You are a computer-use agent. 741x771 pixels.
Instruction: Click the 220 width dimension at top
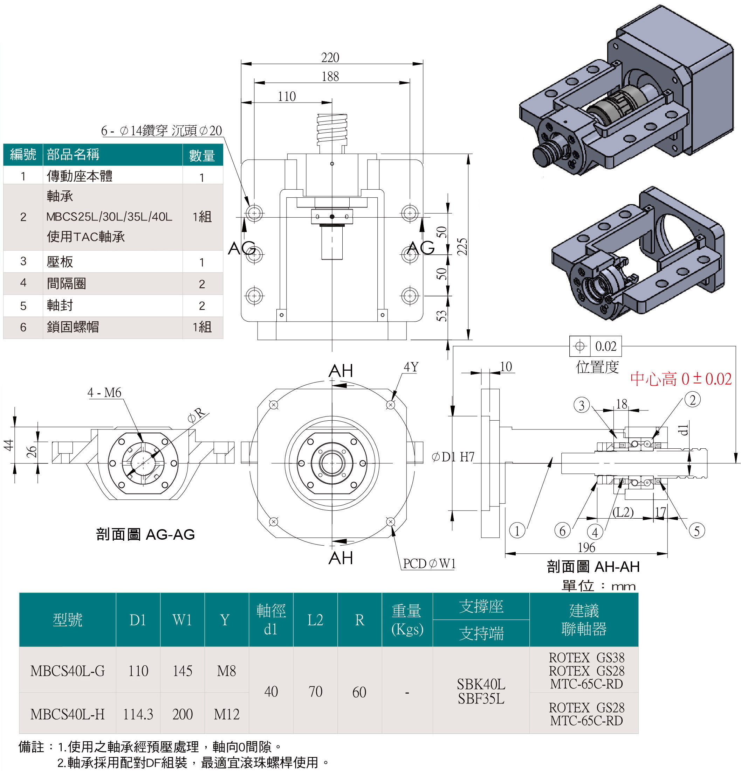click(330, 57)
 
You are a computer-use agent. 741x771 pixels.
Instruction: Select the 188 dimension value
click(330, 76)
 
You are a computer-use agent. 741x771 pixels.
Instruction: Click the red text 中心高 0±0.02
click(681, 379)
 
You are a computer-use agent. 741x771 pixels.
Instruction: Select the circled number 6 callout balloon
click(562, 531)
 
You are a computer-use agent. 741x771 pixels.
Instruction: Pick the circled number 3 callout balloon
click(582, 405)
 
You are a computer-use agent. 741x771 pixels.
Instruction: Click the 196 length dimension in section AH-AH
click(586, 547)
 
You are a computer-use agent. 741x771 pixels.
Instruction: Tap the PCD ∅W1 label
click(429, 564)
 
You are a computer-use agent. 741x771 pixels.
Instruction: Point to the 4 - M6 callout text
click(104, 393)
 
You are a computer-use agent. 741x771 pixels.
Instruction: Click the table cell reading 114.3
click(138, 714)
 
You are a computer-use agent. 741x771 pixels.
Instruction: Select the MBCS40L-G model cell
click(67, 671)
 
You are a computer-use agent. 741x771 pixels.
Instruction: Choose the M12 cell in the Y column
click(226, 714)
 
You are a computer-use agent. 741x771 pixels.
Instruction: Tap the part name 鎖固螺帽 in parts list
click(73, 327)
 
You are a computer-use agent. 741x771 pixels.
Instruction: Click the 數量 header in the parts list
click(202, 155)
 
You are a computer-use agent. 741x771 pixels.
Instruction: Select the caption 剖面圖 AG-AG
click(145, 534)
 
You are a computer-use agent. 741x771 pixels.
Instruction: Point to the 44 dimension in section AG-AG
click(9, 445)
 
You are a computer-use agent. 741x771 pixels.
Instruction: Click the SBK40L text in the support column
click(481, 685)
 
